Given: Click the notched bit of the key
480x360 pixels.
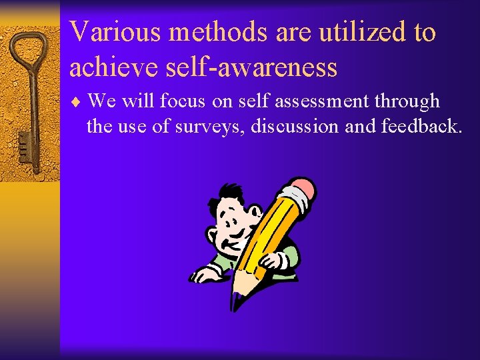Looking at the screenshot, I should pyautogui.click(x=23, y=143).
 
